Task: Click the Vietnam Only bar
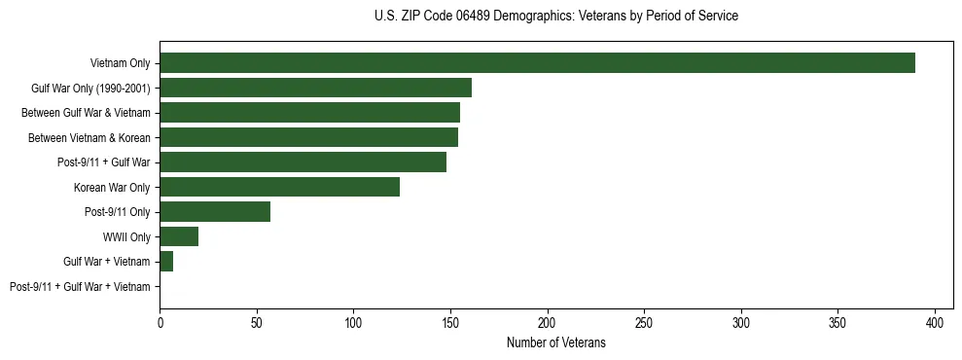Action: click(537, 63)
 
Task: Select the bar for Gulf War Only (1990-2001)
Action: click(315, 88)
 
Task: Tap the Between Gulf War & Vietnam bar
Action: click(309, 113)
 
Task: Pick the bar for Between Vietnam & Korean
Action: click(308, 137)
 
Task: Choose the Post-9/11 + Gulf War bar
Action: click(303, 162)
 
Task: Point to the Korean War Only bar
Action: click(279, 187)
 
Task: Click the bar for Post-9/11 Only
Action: click(215, 211)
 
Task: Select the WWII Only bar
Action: click(179, 236)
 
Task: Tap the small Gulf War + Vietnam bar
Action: click(166, 261)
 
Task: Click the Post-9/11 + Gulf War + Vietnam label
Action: click(80, 286)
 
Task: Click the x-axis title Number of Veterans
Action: click(555, 342)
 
